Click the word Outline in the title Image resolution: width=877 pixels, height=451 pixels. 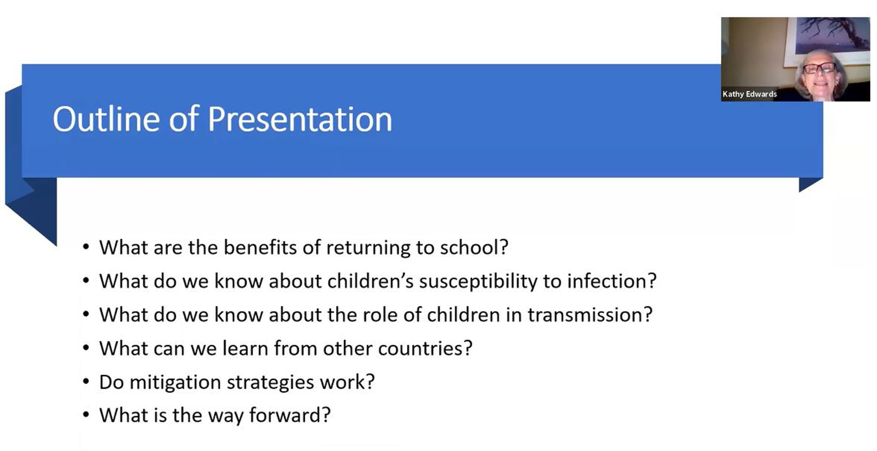(106, 119)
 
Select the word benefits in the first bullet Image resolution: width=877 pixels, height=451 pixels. (260, 247)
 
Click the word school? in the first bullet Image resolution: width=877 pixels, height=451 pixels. (474, 247)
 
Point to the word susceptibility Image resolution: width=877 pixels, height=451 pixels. (478, 282)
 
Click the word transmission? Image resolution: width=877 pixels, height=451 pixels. (590, 315)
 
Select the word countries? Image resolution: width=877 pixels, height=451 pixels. (425, 348)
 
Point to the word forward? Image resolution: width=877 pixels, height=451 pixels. (290, 415)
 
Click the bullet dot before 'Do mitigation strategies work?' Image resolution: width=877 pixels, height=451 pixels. (86, 382)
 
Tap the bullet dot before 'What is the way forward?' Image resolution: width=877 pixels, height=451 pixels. (86, 415)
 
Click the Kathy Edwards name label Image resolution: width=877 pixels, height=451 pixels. (749, 94)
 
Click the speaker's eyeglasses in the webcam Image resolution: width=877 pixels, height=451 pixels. (820, 68)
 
